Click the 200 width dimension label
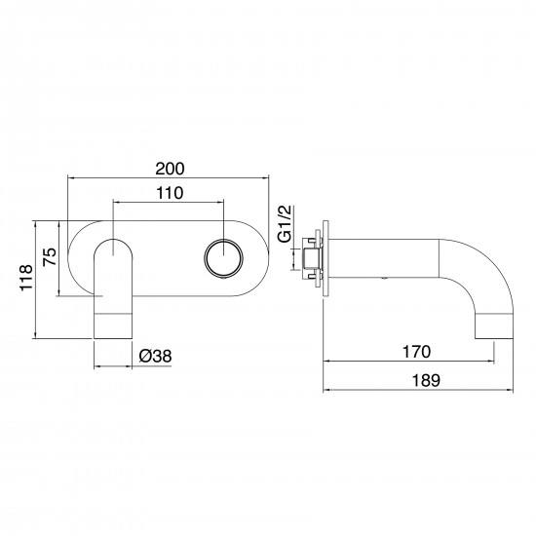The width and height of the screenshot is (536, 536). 170,169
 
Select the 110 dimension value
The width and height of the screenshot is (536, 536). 170,193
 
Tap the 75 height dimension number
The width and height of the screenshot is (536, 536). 50,256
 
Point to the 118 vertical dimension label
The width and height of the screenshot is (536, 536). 26,278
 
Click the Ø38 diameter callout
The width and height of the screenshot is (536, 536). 155,356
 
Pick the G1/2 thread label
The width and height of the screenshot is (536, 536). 285,223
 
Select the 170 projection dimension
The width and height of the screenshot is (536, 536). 416,352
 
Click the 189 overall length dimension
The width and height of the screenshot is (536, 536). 426,380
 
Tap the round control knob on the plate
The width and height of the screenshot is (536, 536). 223,257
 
